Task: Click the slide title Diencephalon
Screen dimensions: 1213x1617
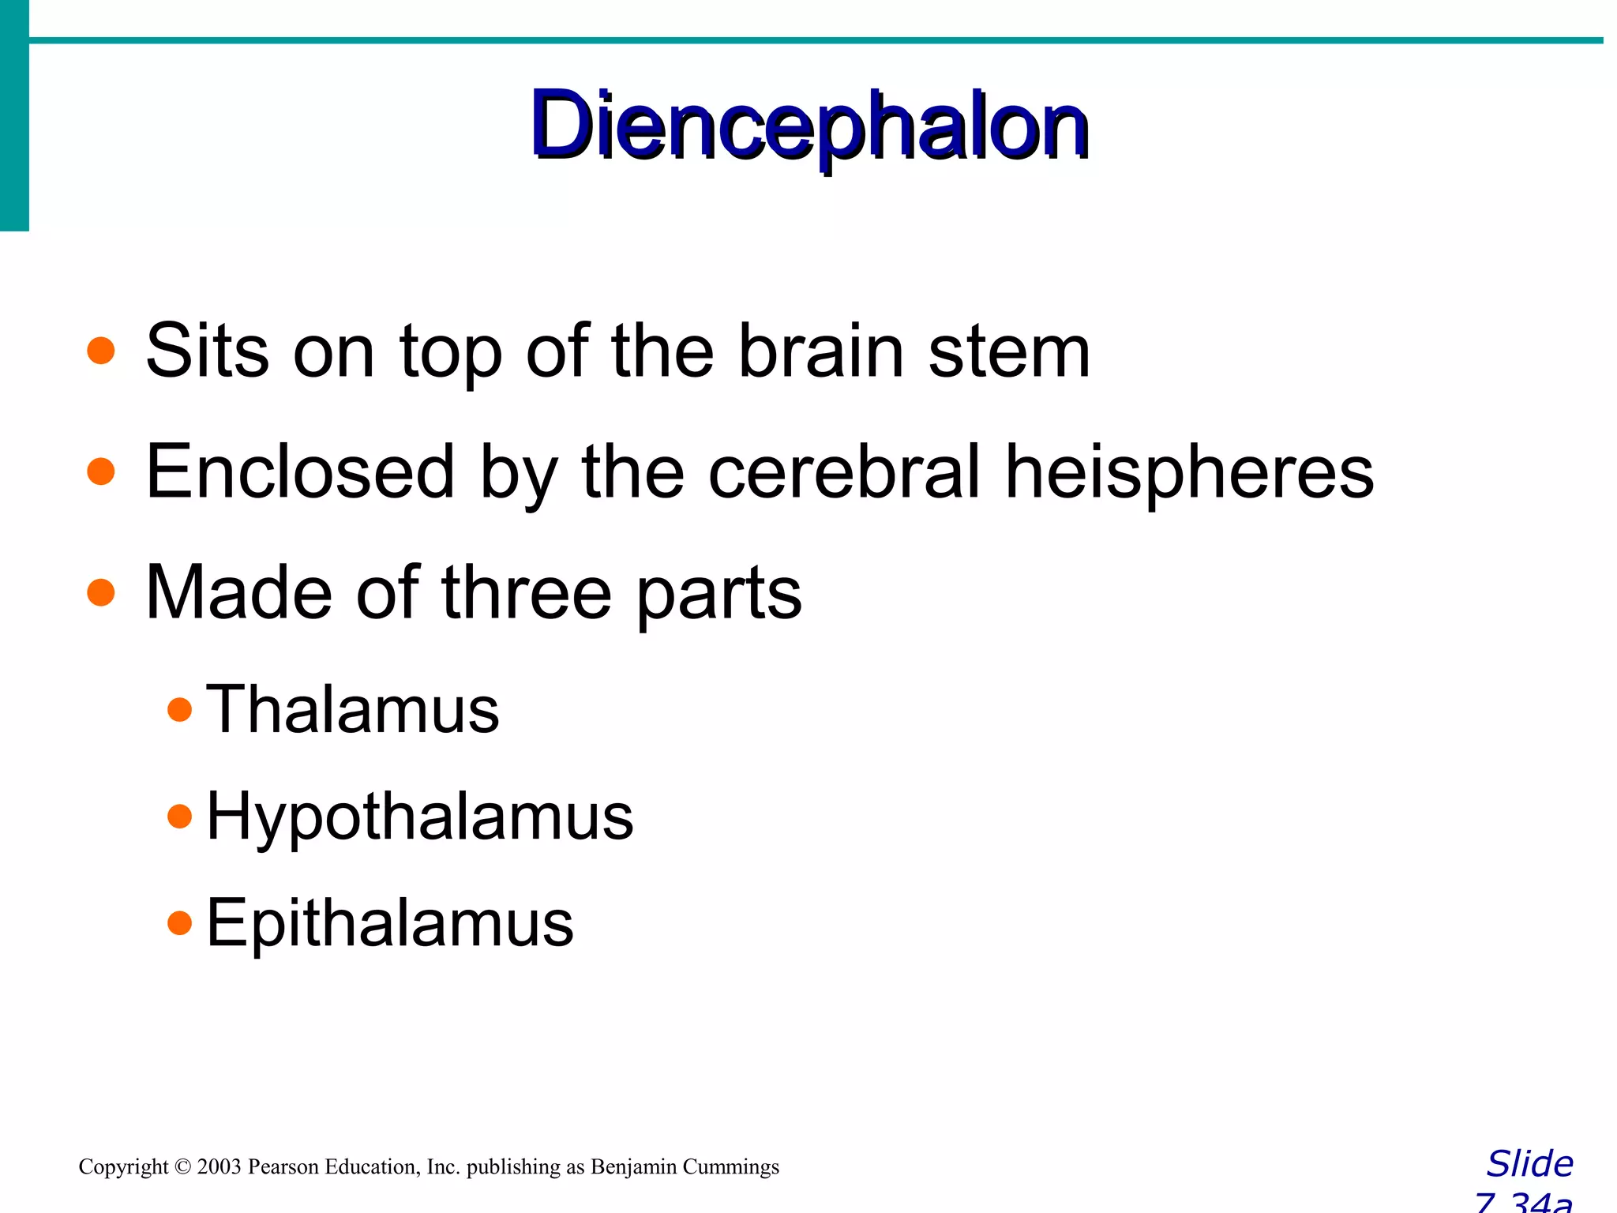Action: [x=810, y=126]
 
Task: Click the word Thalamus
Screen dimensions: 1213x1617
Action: [x=352, y=709]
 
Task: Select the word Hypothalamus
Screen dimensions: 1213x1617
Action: [x=419, y=817]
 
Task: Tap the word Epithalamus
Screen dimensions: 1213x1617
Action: [x=389, y=922]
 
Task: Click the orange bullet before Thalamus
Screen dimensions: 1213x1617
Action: [x=180, y=709]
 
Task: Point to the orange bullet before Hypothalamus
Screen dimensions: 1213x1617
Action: [x=180, y=816]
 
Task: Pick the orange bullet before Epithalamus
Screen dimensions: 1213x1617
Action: [x=180, y=922]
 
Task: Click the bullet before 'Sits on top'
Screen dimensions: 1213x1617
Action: [x=101, y=351]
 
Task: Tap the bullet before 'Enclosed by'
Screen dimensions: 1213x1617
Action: [x=101, y=471]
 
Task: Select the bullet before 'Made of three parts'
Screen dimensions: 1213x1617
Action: [x=101, y=592]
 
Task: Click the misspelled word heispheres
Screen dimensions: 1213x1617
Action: [x=1189, y=472]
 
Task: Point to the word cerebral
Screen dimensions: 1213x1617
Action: [x=844, y=472]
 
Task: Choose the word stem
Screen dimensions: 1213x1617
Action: [x=1009, y=351]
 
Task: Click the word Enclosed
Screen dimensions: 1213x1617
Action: [x=300, y=472]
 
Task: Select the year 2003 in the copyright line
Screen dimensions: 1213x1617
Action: [x=219, y=1166]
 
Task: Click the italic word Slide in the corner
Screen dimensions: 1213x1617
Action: [x=1529, y=1164]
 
